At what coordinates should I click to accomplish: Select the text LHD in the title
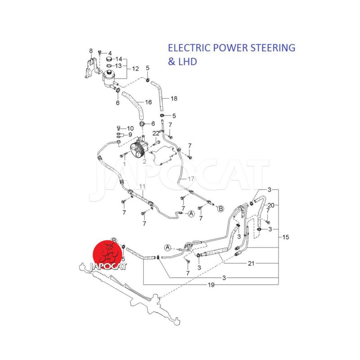click(x=189, y=62)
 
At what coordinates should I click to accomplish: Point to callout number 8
click(x=90, y=51)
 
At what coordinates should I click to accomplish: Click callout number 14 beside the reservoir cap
click(x=119, y=59)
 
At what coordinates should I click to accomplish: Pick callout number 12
click(x=135, y=69)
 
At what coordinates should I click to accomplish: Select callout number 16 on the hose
click(x=148, y=103)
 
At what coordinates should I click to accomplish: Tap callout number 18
click(x=174, y=98)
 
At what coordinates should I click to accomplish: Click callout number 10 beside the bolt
click(x=130, y=128)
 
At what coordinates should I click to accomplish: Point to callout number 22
click(x=155, y=133)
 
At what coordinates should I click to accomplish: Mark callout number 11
click(x=142, y=186)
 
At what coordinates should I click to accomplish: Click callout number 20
click(x=271, y=205)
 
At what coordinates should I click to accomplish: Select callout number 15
click(x=286, y=237)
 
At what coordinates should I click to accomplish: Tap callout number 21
click(x=251, y=263)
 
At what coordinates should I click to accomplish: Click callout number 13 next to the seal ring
click(x=119, y=66)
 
